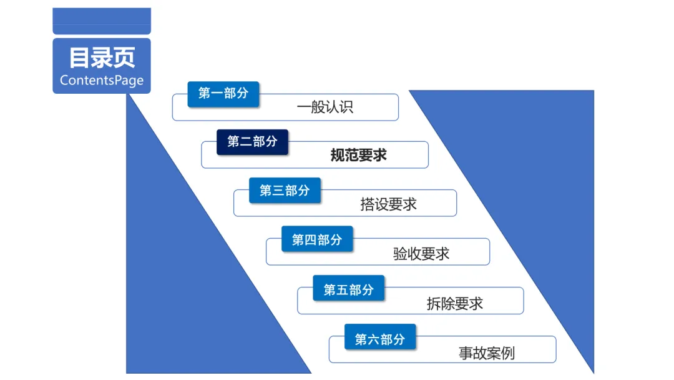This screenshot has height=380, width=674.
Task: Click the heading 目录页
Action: (x=102, y=58)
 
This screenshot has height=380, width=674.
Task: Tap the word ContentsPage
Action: (x=102, y=81)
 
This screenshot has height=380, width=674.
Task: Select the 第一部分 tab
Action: (x=223, y=93)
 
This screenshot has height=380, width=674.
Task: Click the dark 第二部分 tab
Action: (x=252, y=142)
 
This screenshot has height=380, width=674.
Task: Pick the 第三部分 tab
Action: (x=285, y=191)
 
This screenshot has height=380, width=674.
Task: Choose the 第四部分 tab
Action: (x=317, y=239)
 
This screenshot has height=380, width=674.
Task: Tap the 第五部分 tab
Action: (x=349, y=289)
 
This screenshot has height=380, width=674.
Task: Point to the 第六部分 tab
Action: (x=380, y=339)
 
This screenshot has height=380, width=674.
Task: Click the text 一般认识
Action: (x=325, y=107)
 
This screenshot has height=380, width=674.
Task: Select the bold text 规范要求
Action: (x=358, y=155)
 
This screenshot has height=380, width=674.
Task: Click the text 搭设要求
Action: (x=388, y=204)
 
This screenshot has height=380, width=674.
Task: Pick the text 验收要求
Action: (x=421, y=254)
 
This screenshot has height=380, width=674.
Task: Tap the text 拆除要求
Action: (x=454, y=304)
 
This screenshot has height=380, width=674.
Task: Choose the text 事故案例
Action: (x=487, y=353)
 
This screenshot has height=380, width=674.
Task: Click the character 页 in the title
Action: (x=124, y=58)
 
